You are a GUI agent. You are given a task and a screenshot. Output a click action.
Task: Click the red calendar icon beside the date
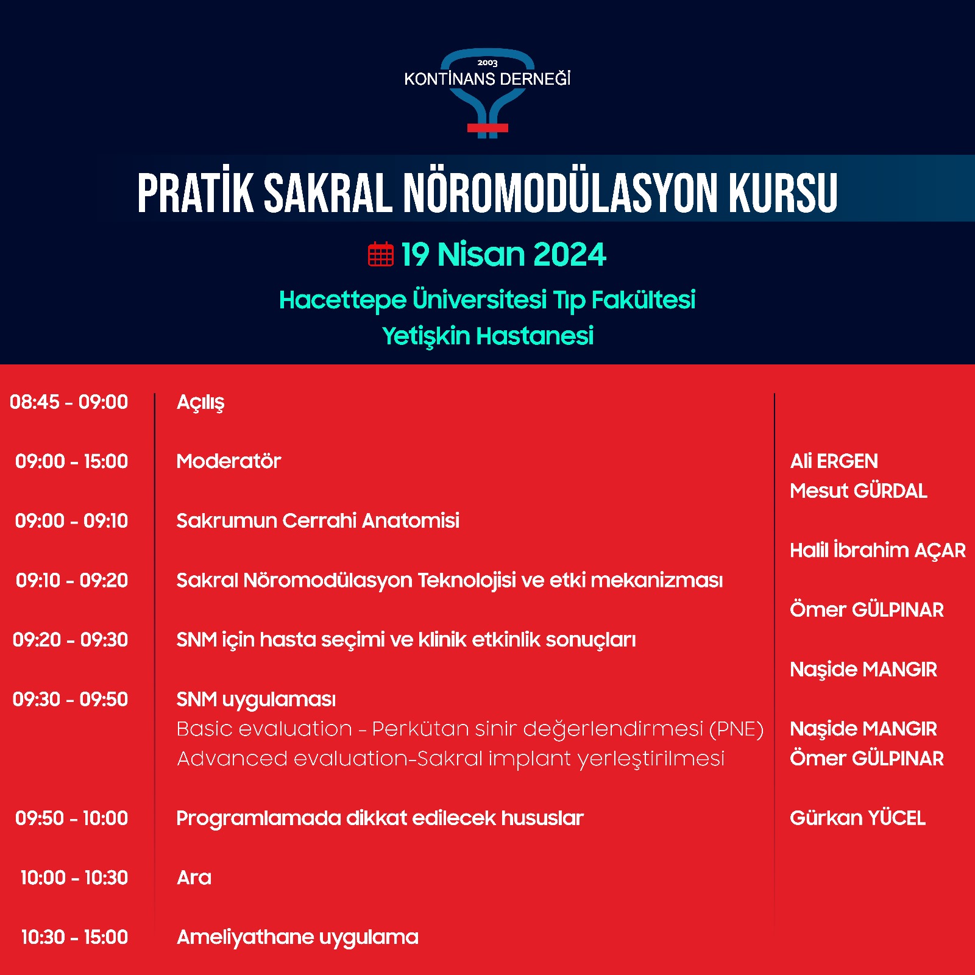[x=381, y=254]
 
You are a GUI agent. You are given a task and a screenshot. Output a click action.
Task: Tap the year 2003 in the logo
[x=487, y=63]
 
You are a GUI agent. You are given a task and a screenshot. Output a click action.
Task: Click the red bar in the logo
[x=487, y=128]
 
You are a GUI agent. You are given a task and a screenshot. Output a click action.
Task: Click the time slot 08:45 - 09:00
[x=69, y=402]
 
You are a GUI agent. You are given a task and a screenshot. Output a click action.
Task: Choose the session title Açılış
[x=200, y=403]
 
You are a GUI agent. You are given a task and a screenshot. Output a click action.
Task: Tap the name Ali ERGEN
[x=834, y=461]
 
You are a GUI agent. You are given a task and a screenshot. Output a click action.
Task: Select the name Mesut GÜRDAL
[x=859, y=491]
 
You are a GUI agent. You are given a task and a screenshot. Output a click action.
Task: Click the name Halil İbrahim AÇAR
[x=878, y=550]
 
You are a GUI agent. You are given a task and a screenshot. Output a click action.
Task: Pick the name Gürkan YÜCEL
[x=858, y=818]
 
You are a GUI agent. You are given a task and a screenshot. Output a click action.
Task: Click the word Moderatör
[x=229, y=461]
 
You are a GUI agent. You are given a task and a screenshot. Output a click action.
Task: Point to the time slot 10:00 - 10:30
[x=74, y=877]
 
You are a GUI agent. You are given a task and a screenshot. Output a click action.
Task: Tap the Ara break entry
[x=194, y=877]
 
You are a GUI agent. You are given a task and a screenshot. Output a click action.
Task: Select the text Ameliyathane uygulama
[x=297, y=937]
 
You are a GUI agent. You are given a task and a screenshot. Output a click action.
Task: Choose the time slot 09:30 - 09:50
[x=70, y=699]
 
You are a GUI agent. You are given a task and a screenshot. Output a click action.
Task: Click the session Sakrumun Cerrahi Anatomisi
[x=317, y=521]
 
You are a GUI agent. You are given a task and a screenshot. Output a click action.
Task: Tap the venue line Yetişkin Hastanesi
[x=487, y=336]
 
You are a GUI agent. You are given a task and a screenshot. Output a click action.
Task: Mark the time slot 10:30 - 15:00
[x=74, y=937]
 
